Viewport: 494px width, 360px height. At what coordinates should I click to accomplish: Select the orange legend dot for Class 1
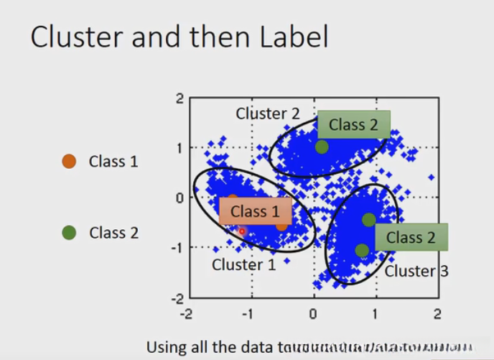(x=69, y=161)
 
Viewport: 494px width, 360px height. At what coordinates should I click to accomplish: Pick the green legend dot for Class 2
(x=69, y=232)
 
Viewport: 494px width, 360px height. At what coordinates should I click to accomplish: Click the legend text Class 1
(x=113, y=161)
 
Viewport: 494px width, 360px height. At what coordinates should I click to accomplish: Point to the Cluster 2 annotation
(x=267, y=113)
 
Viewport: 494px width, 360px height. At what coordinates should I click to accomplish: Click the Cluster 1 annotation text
(x=243, y=265)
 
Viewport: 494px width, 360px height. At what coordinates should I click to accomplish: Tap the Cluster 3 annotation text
(x=416, y=271)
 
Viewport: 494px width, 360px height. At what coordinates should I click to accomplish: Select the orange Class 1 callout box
(x=255, y=211)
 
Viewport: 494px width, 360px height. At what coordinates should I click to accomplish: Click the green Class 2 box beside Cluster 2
(x=353, y=124)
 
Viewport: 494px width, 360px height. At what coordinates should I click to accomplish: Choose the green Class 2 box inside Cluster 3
(x=411, y=237)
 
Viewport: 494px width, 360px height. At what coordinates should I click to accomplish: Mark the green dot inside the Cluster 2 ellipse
(x=322, y=147)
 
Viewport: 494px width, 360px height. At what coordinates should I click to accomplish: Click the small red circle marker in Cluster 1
(x=242, y=231)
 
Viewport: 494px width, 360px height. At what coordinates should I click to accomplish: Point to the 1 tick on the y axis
(x=180, y=148)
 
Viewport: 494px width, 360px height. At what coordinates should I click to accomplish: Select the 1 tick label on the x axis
(x=375, y=314)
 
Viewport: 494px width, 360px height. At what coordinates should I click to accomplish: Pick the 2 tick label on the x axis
(x=437, y=314)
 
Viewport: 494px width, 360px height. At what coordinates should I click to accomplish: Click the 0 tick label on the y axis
(x=180, y=198)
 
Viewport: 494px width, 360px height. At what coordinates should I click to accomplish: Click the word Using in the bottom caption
(x=167, y=346)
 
